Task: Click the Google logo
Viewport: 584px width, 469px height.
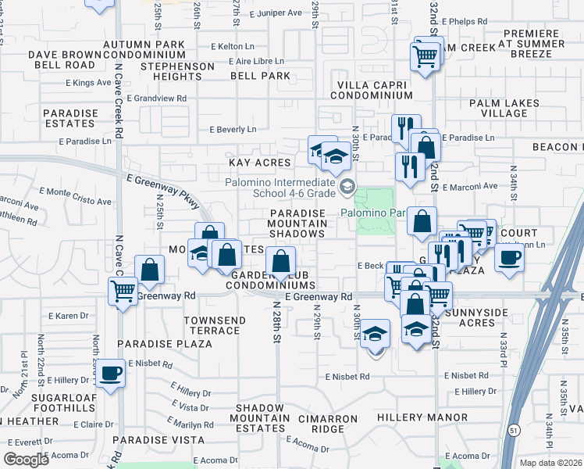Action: pos(27,460)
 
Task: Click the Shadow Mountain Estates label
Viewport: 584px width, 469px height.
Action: pos(261,423)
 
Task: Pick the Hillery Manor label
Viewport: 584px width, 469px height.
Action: pos(422,418)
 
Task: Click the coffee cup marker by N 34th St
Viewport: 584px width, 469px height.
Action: pos(510,257)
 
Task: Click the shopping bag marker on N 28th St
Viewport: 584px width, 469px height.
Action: pos(280,261)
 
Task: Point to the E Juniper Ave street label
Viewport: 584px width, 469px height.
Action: pos(276,13)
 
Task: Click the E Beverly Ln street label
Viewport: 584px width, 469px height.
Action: pos(233,130)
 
